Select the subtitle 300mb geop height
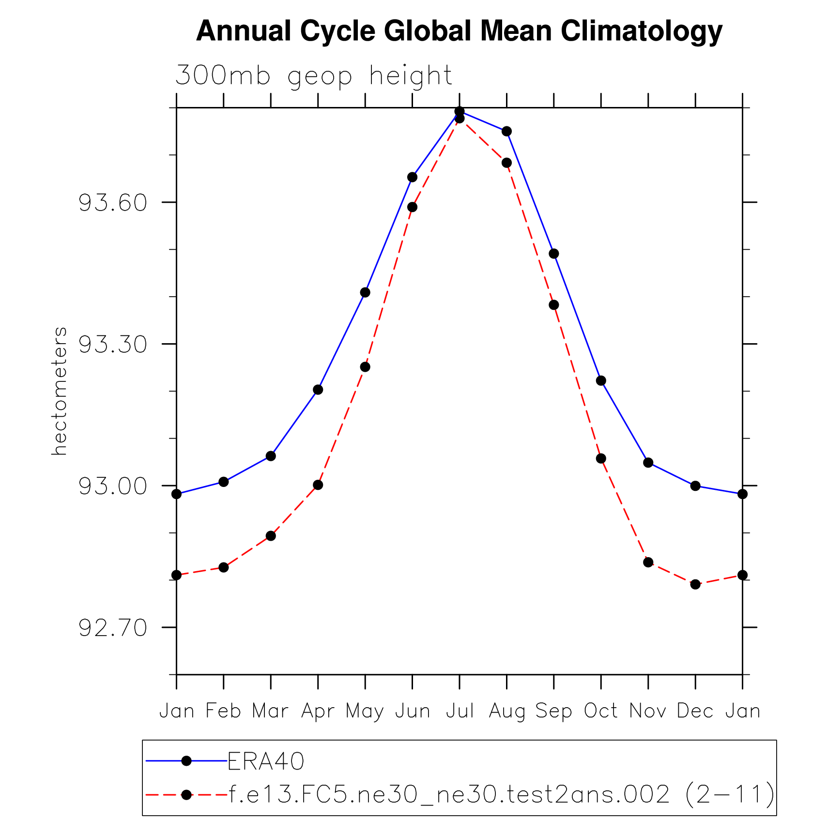(x=313, y=76)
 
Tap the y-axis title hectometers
(x=59, y=391)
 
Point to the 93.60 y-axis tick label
(x=112, y=202)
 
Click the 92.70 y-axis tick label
(x=112, y=628)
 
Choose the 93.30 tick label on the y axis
(x=112, y=344)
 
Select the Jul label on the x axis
(x=460, y=711)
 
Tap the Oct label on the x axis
(x=600, y=711)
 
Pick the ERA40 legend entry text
(x=266, y=761)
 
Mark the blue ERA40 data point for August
(x=506, y=131)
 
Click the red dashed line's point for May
(x=365, y=367)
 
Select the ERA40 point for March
(x=271, y=456)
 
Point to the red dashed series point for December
(x=695, y=584)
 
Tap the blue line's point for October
(x=601, y=380)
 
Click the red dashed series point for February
(x=223, y=567)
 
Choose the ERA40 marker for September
(x=554, y=254)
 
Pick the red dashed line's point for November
(x=648, y=562)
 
